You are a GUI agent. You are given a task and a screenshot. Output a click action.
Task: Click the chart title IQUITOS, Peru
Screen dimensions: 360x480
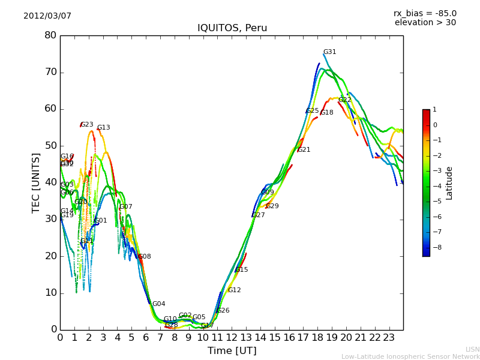coord(232,28)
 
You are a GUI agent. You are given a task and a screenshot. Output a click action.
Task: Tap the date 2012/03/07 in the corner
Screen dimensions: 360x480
coord(47,16)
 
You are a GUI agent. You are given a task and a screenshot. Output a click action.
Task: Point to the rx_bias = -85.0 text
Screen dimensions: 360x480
coord(425,13)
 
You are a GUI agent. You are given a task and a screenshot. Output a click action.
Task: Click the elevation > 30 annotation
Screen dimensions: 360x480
coord(425,23)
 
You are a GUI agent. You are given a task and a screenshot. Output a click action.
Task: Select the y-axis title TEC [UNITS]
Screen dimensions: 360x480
coord(36,182)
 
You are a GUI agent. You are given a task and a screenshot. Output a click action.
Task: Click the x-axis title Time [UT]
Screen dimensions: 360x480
coord(232,350)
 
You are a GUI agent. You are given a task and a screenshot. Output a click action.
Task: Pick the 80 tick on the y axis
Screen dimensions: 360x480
coord(50,35)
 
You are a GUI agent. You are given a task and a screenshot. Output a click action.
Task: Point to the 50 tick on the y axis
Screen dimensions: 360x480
coord(50,146)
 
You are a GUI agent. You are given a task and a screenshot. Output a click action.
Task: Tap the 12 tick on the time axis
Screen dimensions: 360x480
coord(232,338)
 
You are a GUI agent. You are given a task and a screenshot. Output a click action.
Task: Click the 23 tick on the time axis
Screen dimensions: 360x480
coord(389,338)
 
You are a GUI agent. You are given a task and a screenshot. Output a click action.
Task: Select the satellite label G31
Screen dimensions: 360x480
coord(329,52)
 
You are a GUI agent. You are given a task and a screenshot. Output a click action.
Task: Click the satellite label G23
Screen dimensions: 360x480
coord(87,125)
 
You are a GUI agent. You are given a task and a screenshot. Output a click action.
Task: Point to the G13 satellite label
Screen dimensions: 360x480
coord(104,128)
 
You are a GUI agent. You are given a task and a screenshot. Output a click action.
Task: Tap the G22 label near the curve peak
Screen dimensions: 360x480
coord(344,100)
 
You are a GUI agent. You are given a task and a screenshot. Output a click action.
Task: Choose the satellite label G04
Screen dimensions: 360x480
coord(158,304)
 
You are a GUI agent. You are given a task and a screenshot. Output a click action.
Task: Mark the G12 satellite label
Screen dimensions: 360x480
coord(234,290)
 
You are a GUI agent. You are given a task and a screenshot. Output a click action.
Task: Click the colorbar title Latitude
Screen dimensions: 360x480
coord(449,183)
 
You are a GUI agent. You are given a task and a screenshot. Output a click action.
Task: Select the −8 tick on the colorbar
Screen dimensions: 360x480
coord(436,247)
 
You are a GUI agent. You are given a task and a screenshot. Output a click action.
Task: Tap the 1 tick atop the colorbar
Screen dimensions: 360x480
coord(434,110)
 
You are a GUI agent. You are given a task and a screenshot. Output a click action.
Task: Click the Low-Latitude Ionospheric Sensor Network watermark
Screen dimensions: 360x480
coord(410,356)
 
